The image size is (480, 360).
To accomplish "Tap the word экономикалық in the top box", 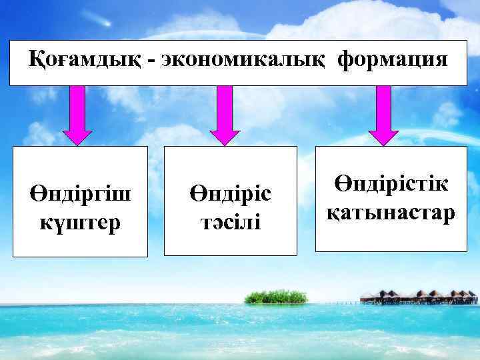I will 241,61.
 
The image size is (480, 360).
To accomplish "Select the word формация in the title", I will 393,61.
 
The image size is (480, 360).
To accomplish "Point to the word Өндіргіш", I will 81,194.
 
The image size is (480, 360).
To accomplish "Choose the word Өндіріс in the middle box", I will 231,194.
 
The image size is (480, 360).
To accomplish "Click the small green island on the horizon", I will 275,297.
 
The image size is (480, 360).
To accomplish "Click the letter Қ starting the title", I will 37,61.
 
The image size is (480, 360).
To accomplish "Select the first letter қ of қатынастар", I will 332,213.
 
